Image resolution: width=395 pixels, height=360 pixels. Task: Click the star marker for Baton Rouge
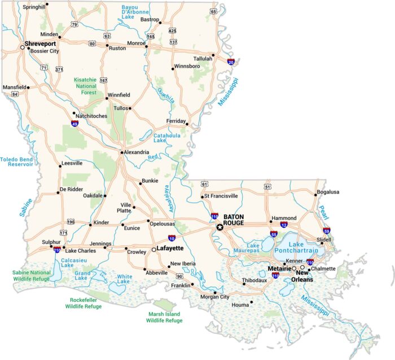pos(220,227)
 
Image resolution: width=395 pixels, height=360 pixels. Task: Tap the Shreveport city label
pos(40,43)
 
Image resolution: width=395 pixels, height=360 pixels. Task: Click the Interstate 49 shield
pos(75,122)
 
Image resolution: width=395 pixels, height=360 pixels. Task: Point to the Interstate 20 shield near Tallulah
pos(231,62)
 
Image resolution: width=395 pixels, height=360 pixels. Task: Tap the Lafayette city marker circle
pos(153,249)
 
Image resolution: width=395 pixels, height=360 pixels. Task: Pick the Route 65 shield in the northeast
pos(213,11)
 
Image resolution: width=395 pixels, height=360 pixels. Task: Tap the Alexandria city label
pos(137,152)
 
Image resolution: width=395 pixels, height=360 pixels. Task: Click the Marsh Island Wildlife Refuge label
pos(165,317)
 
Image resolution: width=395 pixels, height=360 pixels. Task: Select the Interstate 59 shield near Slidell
pos(327,230)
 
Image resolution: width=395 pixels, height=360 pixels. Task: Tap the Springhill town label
pos(34,7)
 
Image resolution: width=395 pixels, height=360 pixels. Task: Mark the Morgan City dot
pos(215,292)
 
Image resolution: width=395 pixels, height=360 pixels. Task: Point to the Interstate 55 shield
pos(273,234)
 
